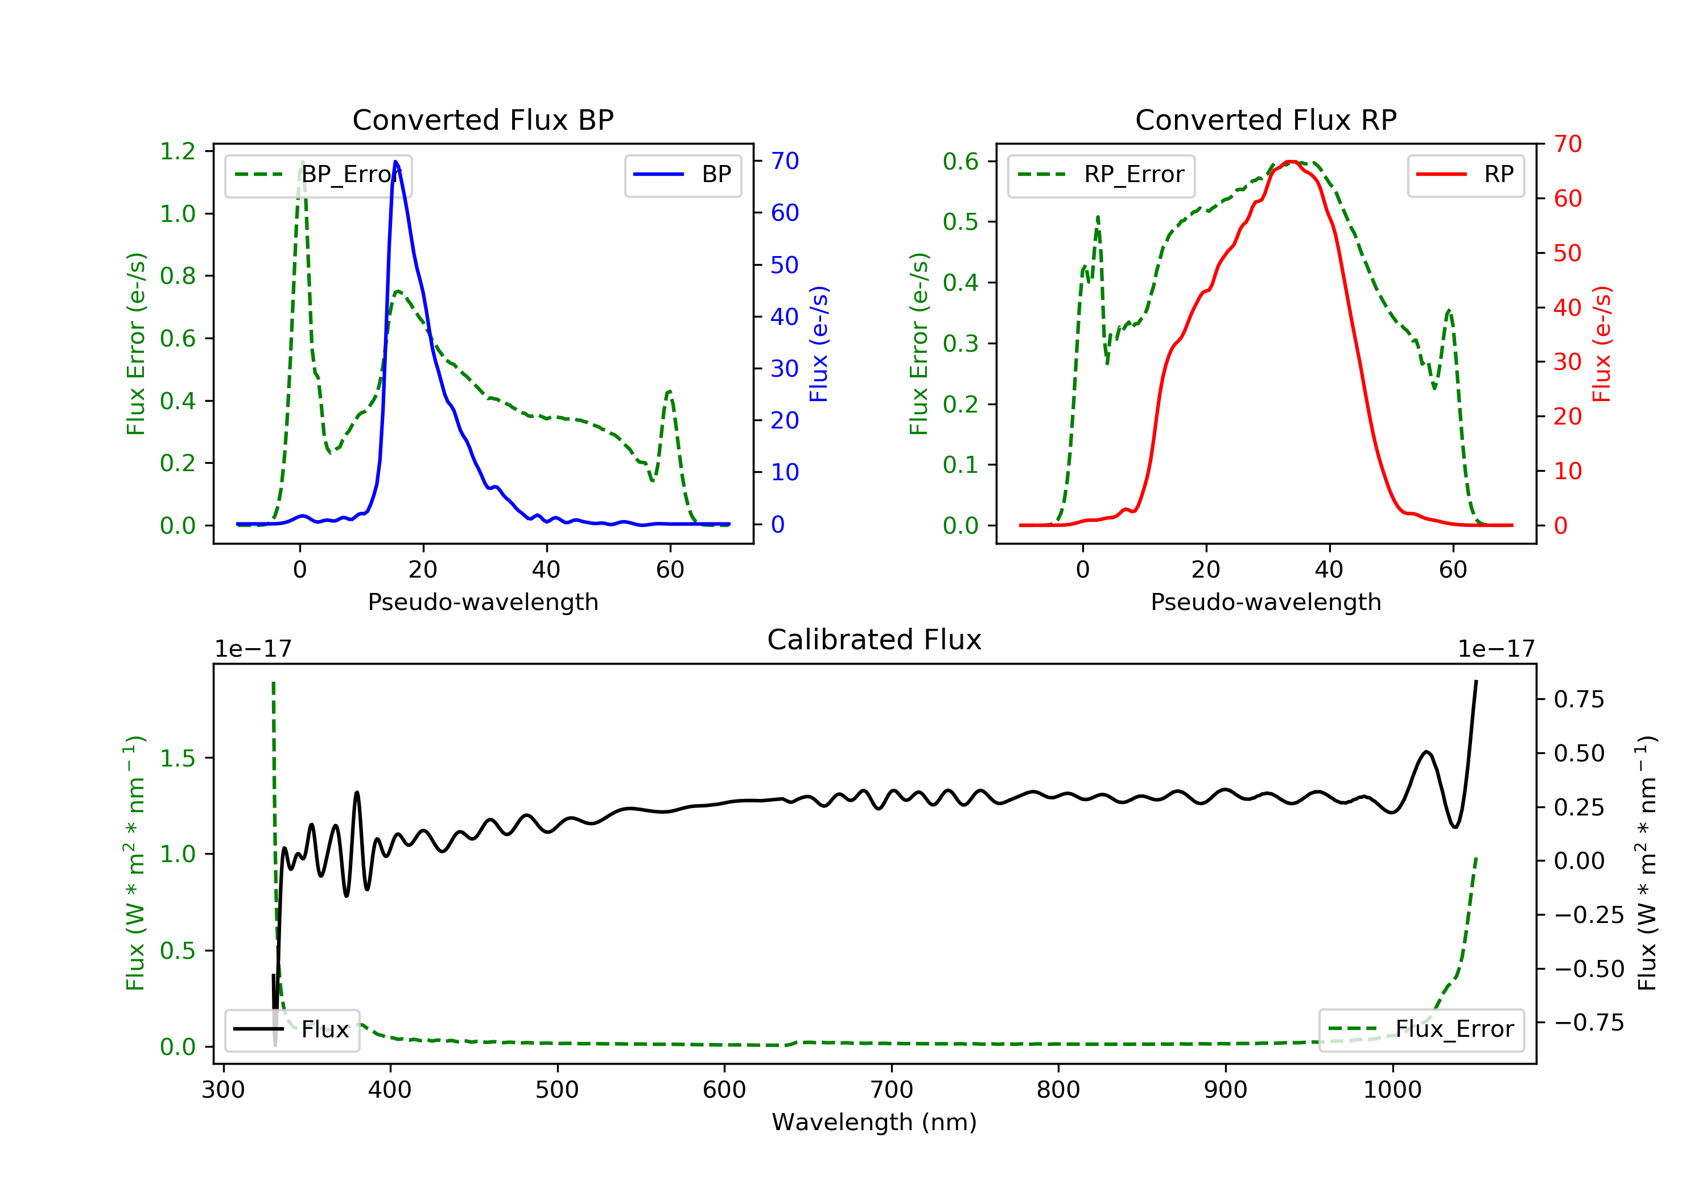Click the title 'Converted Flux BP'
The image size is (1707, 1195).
coord(483,119)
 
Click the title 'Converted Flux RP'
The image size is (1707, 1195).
coord(1265,119)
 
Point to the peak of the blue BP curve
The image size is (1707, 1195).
coord(395,162)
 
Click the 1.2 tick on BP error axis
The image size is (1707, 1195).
coord(178,152)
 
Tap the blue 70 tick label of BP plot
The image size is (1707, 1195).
coord(784,162)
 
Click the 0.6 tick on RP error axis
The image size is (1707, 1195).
coord(960,162)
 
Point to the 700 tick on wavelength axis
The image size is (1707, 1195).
coord(892,1090)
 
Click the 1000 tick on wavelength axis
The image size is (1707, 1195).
coord(1392,1090)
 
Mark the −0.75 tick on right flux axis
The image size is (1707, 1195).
coord(1589,1023)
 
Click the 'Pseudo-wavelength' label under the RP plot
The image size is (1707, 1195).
coord(1265,602)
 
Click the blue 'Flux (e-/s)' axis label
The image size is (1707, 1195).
coord(819,344)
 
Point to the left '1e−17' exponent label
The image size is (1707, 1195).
coord(253,649)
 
